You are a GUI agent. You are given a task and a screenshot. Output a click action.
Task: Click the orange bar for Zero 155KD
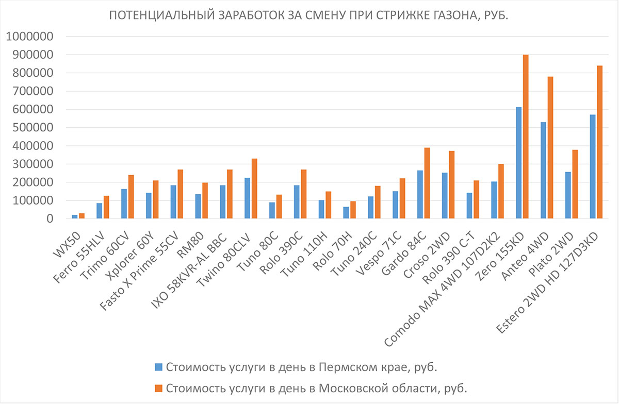[526, 137]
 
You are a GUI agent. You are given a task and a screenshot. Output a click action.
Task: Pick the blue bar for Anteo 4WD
[543, 171]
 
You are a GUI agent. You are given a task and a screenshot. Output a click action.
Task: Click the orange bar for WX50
[82, 216]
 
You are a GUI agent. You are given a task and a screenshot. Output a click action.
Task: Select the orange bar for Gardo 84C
[427, 183]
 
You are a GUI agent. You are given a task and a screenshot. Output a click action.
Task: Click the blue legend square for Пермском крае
[159, 367]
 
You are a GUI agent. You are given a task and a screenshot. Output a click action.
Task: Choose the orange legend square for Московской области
[159, 387]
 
